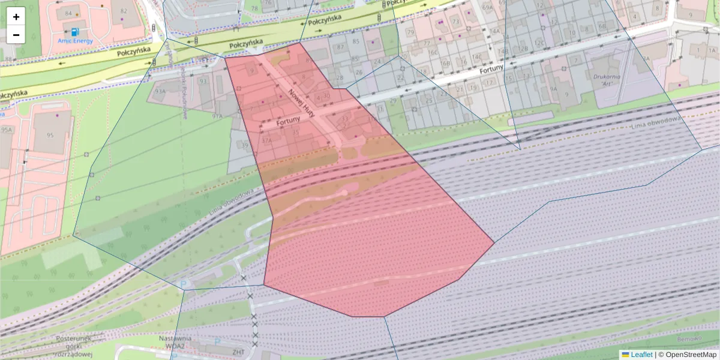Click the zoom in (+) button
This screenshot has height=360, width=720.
16,17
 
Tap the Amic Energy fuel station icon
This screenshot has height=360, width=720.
74,31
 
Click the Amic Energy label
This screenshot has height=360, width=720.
76,41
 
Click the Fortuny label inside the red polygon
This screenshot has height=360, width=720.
288,122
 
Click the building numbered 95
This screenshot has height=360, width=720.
50,135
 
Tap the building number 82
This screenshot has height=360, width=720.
124,11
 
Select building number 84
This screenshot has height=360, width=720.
68,13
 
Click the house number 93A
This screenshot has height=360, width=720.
160,91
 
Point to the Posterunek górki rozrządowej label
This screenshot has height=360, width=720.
73,346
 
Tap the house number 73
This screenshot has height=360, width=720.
455,22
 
